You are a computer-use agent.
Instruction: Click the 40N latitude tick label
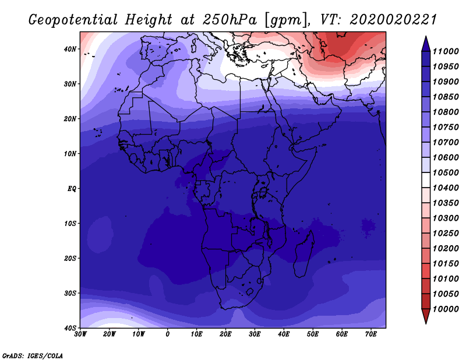70,49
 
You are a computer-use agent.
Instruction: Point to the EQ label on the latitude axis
72,189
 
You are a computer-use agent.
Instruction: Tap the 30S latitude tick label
70,294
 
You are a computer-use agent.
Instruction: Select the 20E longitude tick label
225,334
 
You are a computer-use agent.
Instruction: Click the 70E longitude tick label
371,334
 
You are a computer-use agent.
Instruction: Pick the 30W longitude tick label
80,334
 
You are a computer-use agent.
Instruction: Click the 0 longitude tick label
168,334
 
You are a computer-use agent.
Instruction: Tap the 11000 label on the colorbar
446,51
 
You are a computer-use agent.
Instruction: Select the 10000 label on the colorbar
446,309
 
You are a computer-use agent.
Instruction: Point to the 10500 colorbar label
446,172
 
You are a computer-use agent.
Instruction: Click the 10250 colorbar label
446,234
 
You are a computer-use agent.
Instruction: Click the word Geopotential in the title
73,20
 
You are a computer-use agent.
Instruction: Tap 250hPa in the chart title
230,20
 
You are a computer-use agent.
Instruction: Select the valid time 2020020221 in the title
393,20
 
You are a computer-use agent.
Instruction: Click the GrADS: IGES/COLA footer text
33,356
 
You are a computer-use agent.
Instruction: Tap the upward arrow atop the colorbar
426,44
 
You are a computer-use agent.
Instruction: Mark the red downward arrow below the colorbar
426,316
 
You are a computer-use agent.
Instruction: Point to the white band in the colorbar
426,180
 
